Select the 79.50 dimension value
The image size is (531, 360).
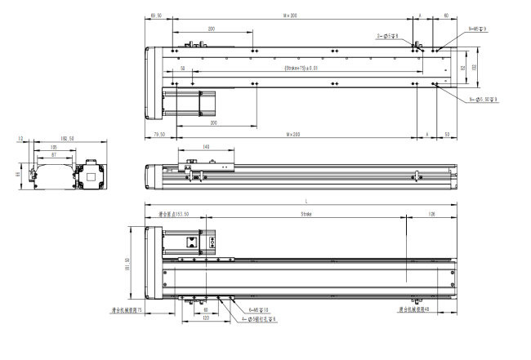159,133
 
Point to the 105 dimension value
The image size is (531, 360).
53,149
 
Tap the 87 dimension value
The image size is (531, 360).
54,154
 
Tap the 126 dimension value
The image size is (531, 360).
431,214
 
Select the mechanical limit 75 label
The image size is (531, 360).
127,309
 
